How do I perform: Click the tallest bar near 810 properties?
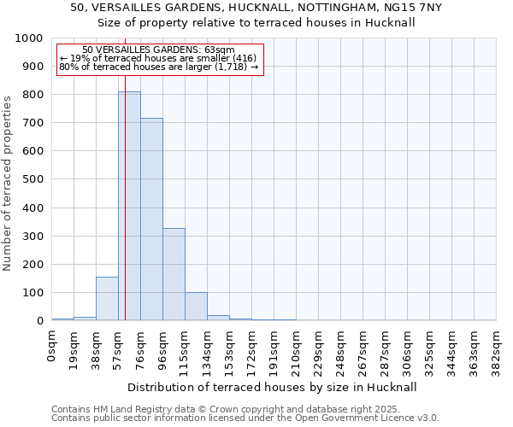[129, 206]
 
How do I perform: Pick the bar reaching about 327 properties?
[174, 274]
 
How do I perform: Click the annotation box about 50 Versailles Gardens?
[159, 59]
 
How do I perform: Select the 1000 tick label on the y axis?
[29, 38]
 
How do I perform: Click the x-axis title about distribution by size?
[277, 387]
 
